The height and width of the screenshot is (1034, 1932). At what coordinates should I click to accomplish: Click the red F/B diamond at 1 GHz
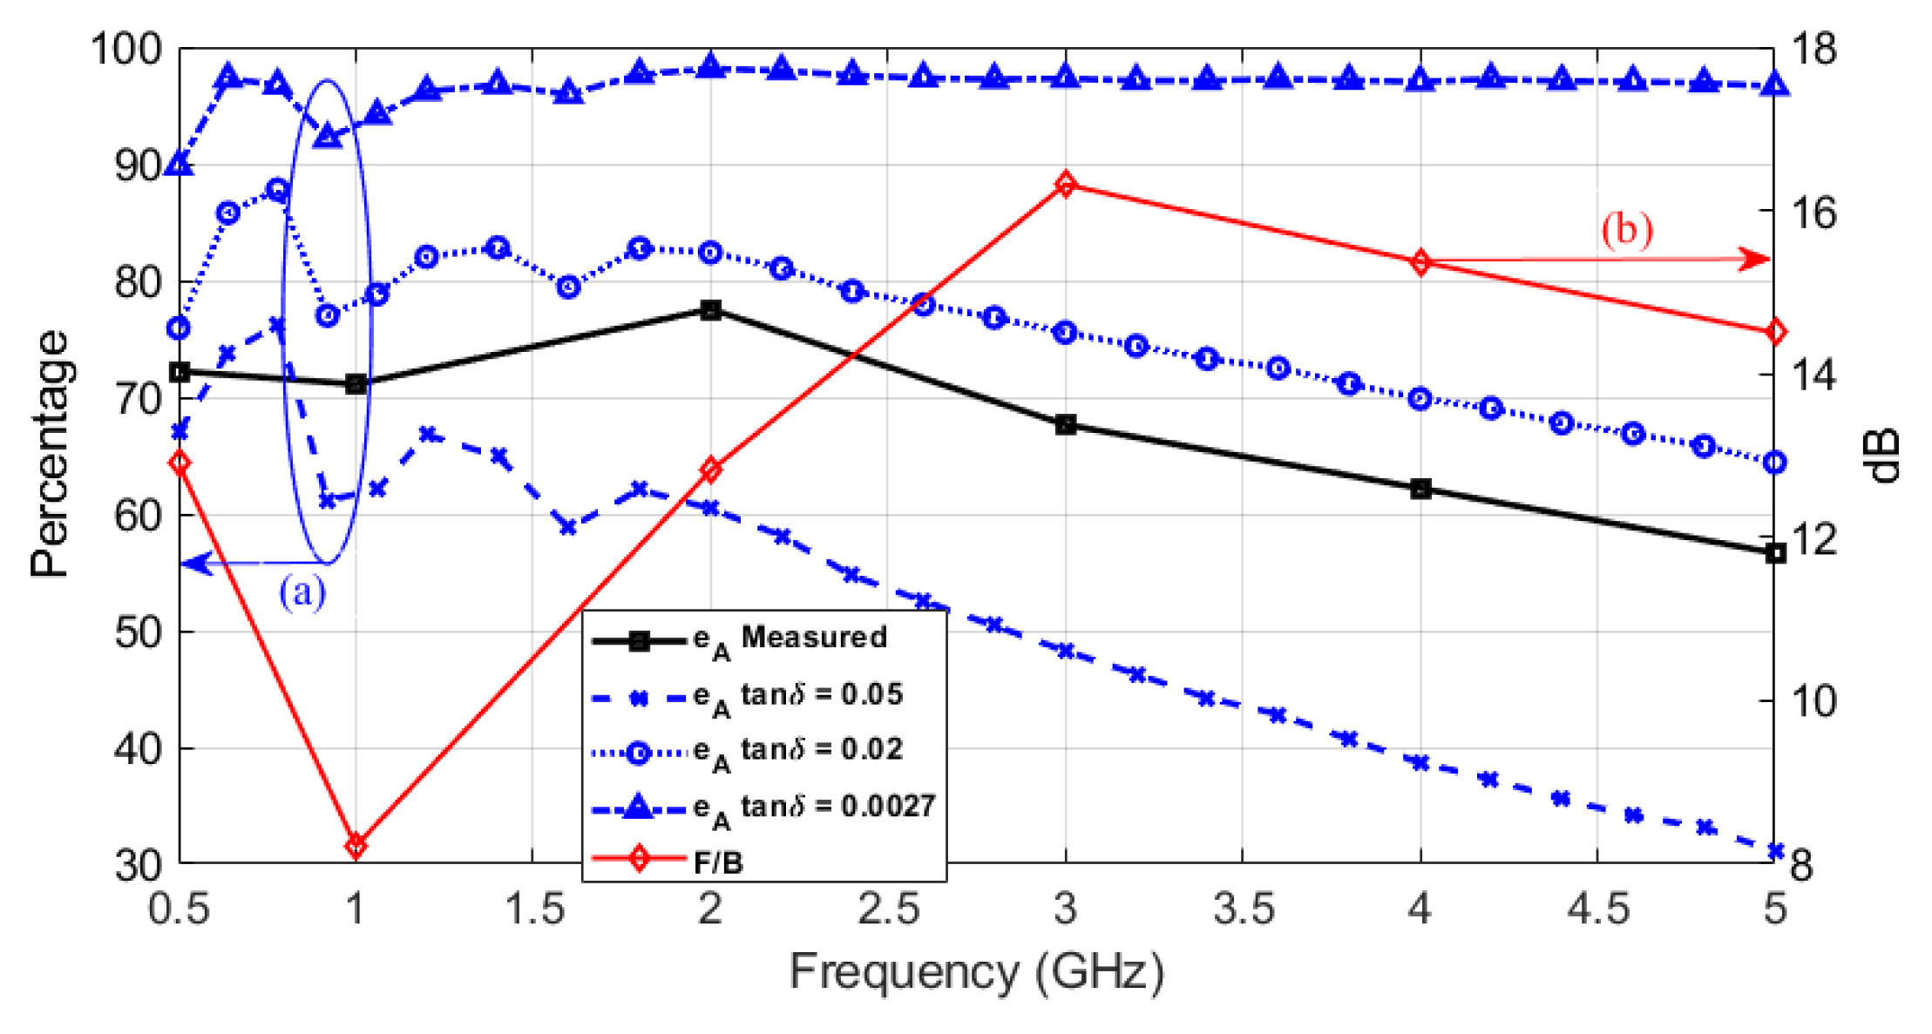[356, 845]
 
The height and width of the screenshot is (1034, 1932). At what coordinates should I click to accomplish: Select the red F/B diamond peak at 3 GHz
[1065, 185]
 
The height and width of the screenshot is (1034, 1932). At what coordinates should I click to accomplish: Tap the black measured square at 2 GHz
[710, 310]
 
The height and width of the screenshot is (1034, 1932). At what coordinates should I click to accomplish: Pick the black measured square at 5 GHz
[1775, 553]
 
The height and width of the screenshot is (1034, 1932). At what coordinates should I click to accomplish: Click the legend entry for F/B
[718, 862]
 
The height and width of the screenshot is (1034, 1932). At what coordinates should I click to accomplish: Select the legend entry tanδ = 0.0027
[837, 807]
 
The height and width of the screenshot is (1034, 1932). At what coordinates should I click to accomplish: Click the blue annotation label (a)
[302, 592]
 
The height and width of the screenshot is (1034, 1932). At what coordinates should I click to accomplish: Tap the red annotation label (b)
[1626, 230]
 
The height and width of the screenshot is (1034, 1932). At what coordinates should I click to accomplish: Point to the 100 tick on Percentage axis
[127, 49]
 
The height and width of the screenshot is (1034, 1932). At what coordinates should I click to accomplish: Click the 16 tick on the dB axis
[1813, 212]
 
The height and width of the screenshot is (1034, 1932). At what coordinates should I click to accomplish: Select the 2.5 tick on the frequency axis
[888, 909]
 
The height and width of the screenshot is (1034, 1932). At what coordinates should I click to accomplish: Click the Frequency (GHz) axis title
[976, 972]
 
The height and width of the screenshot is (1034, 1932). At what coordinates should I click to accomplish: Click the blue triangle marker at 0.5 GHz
[180, 163]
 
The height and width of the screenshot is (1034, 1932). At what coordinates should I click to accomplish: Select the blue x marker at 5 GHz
[1775, 850]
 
